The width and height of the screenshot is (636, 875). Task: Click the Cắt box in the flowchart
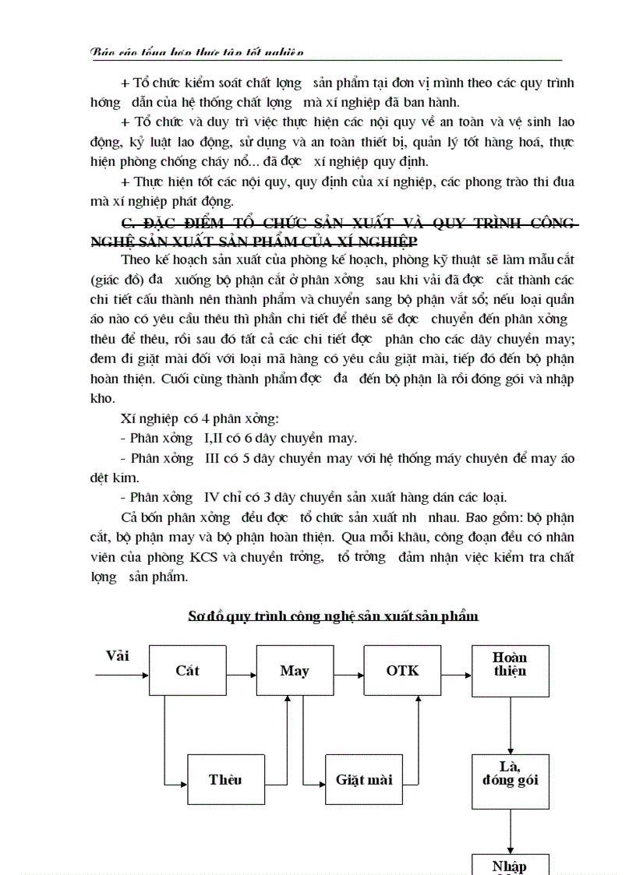tap(187, 670)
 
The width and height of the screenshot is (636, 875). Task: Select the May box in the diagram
tap(295, 670)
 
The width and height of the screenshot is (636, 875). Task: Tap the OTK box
tap(402, 670)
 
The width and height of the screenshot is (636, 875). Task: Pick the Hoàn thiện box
tap(510, 670)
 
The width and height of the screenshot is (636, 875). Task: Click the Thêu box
tap(225, 779)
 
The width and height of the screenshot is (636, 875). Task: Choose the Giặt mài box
tap(364, 779)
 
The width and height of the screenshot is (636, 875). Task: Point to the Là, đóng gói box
tap(510, 780)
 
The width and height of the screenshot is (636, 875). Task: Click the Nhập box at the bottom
tap(510, 865)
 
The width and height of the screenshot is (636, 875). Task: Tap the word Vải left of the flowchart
tap(118, 656)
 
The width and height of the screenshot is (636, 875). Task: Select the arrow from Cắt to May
tap(241, 670)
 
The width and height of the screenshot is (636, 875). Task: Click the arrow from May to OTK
tap(348, 670)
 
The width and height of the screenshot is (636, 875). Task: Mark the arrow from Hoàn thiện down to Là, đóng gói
tap(510, 725)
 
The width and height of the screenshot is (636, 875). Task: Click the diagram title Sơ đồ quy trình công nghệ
tap(333, 616)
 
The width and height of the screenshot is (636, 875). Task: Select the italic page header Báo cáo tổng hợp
tap(197, 52)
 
